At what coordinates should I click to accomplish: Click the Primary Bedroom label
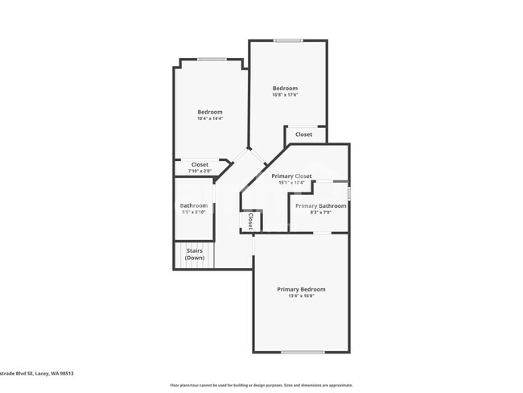tap(301, 289)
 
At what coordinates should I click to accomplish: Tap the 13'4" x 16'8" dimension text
tap(301, 296)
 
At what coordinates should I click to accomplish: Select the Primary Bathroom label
tap(320, 206)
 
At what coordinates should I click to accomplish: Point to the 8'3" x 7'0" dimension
tap(319, 213)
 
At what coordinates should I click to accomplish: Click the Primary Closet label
tap(291, 176)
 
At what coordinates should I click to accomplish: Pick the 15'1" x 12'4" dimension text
tap(291, 182)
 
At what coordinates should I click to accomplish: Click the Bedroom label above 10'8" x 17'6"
tap(285, 89)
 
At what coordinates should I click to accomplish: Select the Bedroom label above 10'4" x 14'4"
tap(210, 112)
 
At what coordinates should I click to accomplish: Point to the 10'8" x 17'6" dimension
tap(285, 95)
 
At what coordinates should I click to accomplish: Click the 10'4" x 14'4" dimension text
tap(210, 118)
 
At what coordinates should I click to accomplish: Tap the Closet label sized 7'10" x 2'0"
tap(200, 164)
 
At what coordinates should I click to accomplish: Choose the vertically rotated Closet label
tap(250, 221)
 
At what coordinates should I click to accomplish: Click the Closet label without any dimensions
tap(303, 134)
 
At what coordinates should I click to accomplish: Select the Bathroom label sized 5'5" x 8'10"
tap(193, 205)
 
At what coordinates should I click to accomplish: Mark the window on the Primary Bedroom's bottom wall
tap(303, 352)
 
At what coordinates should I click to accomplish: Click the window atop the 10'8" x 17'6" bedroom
tap(287, 40)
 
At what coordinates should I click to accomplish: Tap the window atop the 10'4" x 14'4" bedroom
tap(212, 59)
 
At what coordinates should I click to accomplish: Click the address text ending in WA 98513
tap(37, 373)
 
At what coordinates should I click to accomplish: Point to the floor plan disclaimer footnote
tap(261, 385)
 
